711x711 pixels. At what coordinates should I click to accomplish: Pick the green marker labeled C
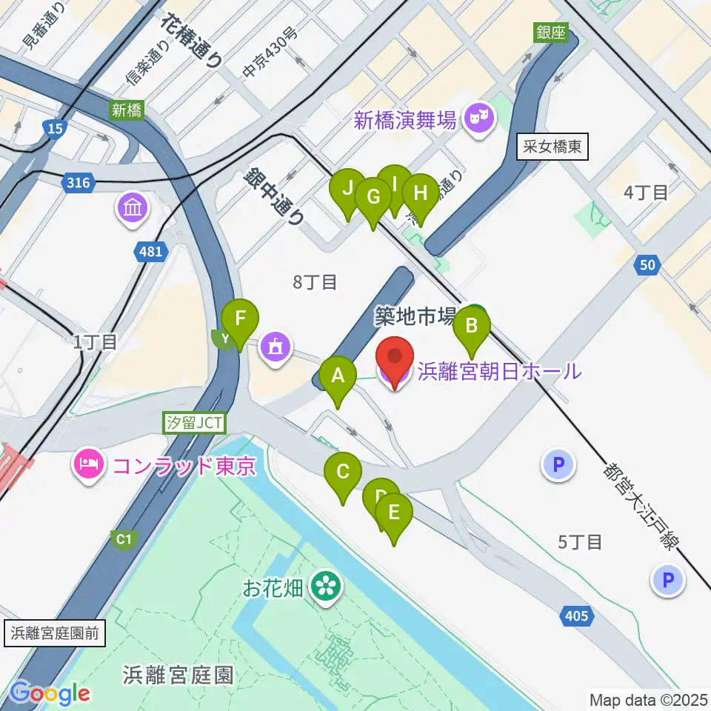[x=342, y=473]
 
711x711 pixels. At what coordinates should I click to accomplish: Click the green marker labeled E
[x=393, y=513]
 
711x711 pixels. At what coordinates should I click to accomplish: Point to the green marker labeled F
[x=240, y=321]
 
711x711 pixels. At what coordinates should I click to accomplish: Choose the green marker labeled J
[x=347, y=189]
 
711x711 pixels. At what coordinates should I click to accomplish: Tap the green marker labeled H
[x=420, y=195]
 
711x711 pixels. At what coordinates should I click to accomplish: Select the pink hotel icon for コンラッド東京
[x=90, y=466]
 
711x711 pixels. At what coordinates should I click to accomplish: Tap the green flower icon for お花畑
[x=324, y=587]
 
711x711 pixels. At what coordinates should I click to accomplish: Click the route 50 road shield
[x=647, y=266]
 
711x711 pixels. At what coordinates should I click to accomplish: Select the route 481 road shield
[x=150, y=253]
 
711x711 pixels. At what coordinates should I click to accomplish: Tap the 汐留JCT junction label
[x=194, y=423]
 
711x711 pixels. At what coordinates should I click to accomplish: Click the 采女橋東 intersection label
[x=553, y=148]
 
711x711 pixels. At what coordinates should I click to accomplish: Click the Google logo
[x=50, y=692]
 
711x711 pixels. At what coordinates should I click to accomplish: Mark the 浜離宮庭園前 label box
[x=58, y=635]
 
